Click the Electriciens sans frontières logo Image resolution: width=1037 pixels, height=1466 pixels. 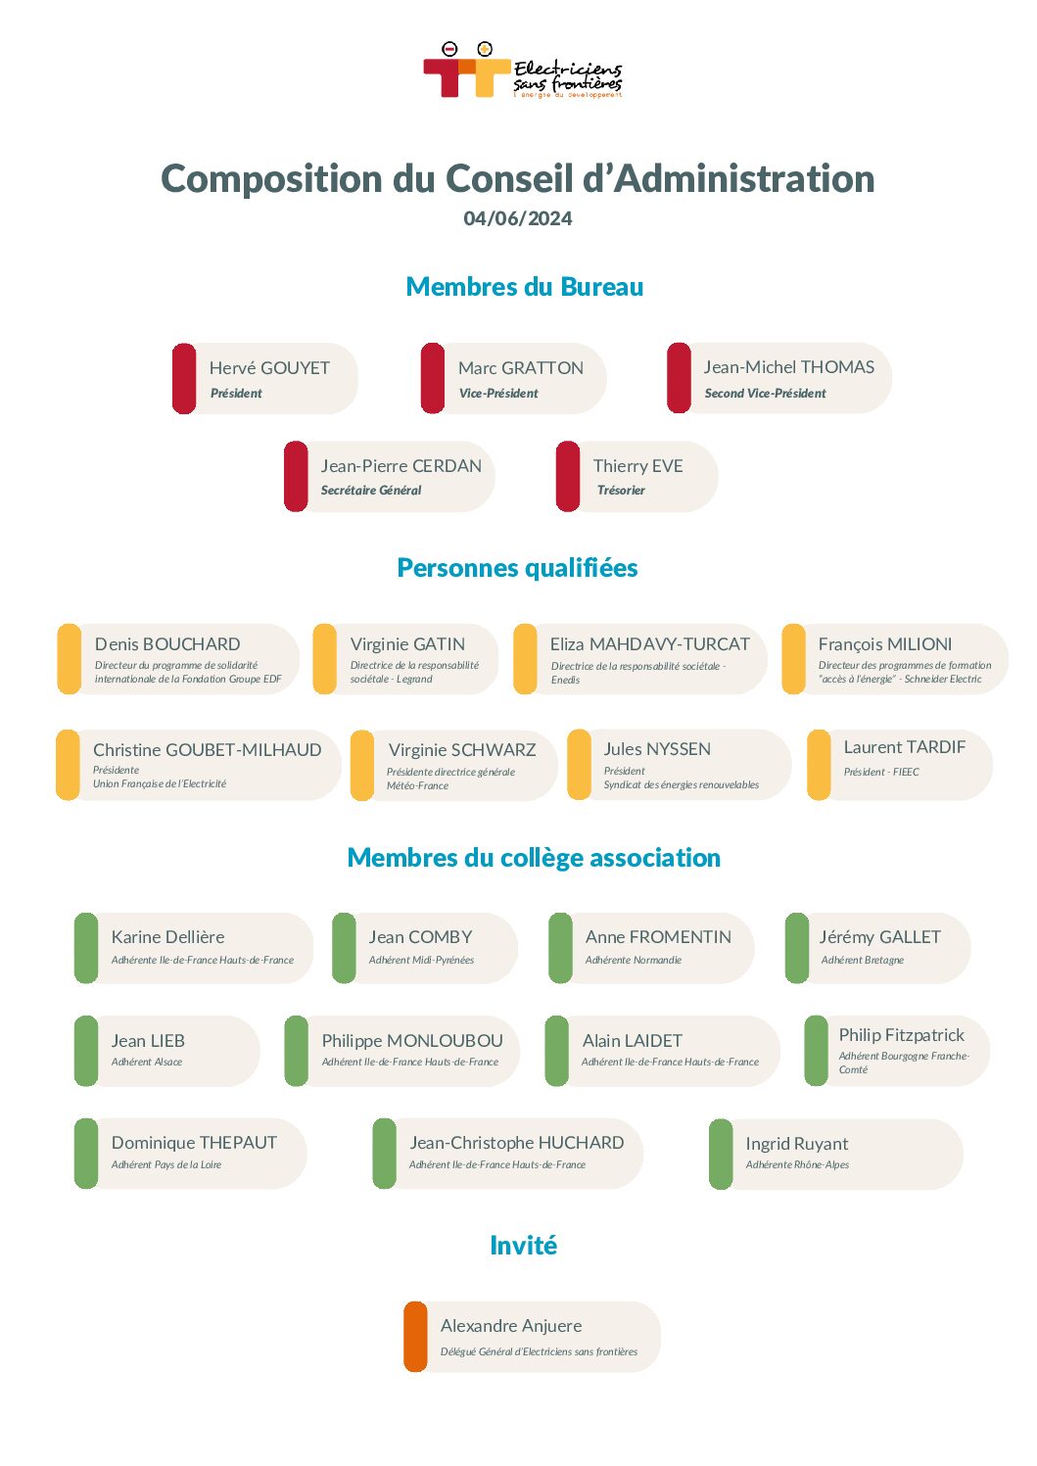pos(522,71)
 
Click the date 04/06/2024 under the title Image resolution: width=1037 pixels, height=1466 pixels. pos(517,218)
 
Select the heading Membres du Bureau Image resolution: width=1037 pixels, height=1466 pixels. pos(524,287)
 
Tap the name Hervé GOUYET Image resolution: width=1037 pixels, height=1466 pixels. pos(269,368)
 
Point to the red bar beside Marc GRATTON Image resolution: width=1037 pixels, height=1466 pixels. pos(433,378)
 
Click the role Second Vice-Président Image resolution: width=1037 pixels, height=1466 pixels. pos(765,393)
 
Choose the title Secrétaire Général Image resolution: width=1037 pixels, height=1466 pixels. pos(371,490)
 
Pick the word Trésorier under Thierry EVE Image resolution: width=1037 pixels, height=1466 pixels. pos(621,490)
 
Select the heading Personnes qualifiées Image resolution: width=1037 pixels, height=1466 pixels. pos(517,567)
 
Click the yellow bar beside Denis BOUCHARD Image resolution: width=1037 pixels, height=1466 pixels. pos(69,659)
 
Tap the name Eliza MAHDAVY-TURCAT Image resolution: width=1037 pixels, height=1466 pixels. pos(649,644)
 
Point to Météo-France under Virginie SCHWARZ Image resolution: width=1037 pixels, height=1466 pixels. pos(417,785)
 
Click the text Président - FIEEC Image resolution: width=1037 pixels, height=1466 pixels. pos(881,772)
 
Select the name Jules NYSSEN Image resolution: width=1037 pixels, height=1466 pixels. pos(657,749)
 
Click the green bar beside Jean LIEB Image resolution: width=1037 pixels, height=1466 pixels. pos(86,1051)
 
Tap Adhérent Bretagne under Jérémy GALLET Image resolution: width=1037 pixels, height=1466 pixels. pos(863,960)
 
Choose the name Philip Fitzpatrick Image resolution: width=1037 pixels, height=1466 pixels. pos(901,1035)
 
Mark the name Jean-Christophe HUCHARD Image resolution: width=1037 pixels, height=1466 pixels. pos(516,1142)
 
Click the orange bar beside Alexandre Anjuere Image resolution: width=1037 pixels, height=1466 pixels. pos(415,1337)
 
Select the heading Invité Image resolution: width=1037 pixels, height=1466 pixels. pos(524,1245)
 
